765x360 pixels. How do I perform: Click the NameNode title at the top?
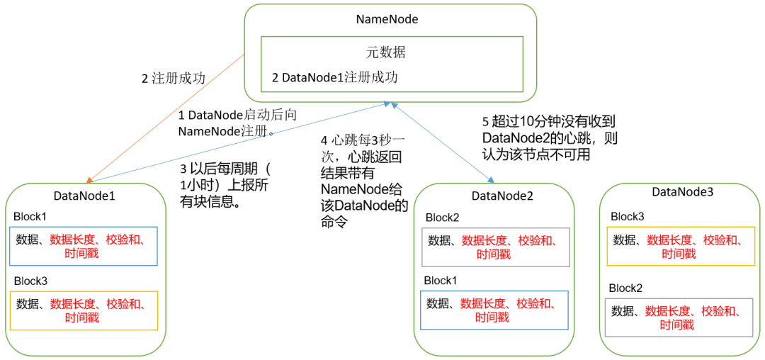tap(387, 20)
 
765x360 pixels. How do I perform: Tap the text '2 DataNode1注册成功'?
tap(334, 77)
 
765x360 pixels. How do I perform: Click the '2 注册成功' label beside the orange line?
tap(174, 79)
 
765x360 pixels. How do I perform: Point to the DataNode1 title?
tap(84, 196)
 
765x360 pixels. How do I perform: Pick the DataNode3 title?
tap(683, 192)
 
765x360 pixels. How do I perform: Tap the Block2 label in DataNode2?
tap(442, 217)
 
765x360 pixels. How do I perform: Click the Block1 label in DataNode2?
tap(441, 281)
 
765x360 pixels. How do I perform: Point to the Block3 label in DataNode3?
tap(627, 216)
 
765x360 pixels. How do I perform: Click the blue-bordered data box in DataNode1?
tap(83, 247)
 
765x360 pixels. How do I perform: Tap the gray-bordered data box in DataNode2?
tap(496, 247)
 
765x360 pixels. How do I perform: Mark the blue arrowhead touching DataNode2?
tap(491, 179)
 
